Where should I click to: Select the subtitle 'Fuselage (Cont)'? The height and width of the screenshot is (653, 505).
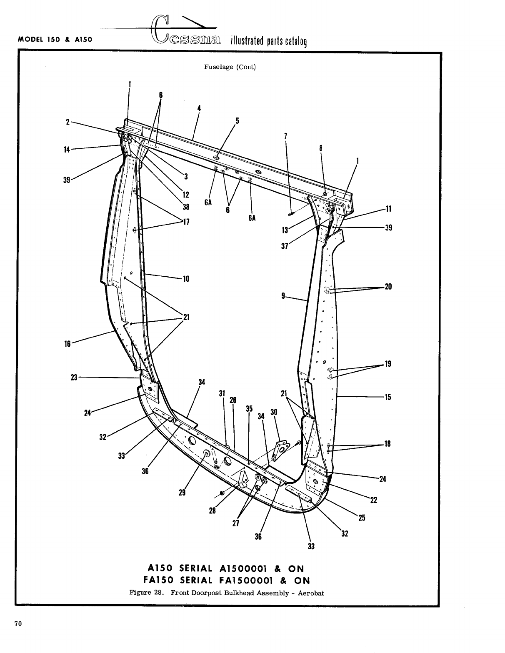230,67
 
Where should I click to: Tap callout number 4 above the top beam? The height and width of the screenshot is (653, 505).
199,108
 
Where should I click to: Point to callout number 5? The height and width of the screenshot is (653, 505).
237,121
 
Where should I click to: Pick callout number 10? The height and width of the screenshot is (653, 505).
186,279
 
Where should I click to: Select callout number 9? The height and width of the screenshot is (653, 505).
283,296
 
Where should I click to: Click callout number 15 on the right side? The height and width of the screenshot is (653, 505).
388,397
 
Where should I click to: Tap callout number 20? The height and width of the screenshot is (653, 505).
388,287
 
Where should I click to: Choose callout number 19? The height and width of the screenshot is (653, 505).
388,364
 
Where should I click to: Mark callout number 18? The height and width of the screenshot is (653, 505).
387,444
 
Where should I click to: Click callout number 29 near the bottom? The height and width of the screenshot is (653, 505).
182,493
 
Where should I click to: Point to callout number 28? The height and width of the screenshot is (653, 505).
212,511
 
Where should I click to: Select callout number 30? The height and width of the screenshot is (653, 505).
274,412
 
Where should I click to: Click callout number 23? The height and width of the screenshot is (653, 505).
74,377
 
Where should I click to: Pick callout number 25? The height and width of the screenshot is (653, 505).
362,518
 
